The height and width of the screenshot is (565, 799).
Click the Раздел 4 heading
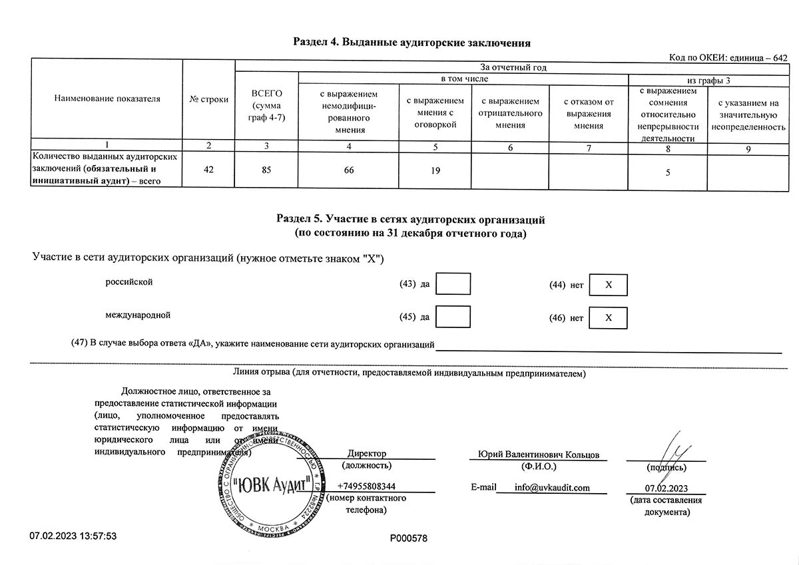pos(411,43)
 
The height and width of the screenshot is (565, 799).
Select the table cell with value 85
pos(267,170)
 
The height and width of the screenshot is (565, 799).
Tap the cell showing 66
pos(349,170)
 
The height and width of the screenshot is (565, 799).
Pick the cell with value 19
pos(435,170)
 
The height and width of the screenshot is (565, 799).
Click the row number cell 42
pos(209,170)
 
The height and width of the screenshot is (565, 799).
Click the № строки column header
pos(209,99)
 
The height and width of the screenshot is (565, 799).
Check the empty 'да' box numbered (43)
pos(457,284)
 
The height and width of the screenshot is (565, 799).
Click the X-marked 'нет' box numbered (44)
pos(608,285)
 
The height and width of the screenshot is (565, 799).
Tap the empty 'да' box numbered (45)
pos(457,317)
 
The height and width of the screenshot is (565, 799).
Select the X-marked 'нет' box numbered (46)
pos(608,318)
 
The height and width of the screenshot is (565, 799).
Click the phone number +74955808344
pos(366,486)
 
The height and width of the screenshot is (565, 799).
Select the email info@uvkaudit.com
pos(552,487)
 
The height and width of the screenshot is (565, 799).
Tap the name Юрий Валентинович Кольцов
pos(539,454)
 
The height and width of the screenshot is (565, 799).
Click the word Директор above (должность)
pos(367,454)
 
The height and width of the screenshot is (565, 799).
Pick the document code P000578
pos(408,537)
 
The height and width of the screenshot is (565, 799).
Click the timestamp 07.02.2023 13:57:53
pos(73,536)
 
